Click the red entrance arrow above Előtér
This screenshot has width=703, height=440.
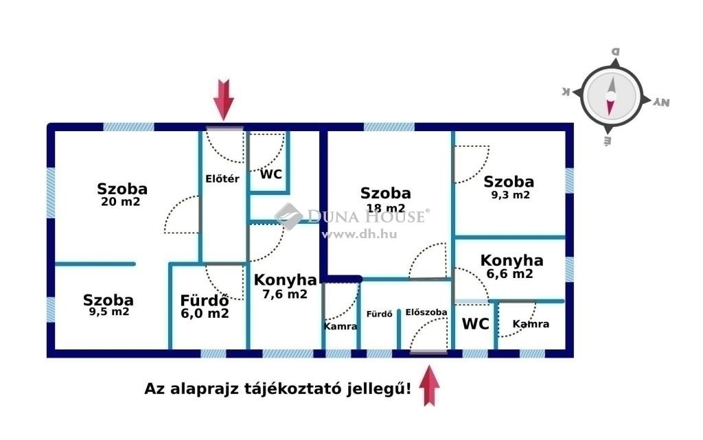223,100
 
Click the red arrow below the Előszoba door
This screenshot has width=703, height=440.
430,385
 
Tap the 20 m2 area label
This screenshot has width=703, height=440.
121,202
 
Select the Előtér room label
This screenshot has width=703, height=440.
222,178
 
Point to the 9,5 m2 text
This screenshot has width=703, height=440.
109,312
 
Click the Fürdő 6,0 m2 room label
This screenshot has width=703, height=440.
205,306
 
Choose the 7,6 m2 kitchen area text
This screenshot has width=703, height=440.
285,294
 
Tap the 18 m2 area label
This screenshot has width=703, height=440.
386,209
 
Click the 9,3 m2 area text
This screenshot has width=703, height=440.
510,195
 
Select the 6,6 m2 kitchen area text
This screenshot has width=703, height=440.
510,274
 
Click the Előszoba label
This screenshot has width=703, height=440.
426,312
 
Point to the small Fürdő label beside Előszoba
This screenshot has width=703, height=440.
379,314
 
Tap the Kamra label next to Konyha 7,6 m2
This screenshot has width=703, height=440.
341,326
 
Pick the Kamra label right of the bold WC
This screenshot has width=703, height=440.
531,323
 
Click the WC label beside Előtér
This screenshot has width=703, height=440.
271,174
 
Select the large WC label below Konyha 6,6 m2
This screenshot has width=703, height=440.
475,323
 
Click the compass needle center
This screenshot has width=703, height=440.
610,96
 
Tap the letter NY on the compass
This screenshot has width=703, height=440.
661,102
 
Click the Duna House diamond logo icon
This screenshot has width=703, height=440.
289,216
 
